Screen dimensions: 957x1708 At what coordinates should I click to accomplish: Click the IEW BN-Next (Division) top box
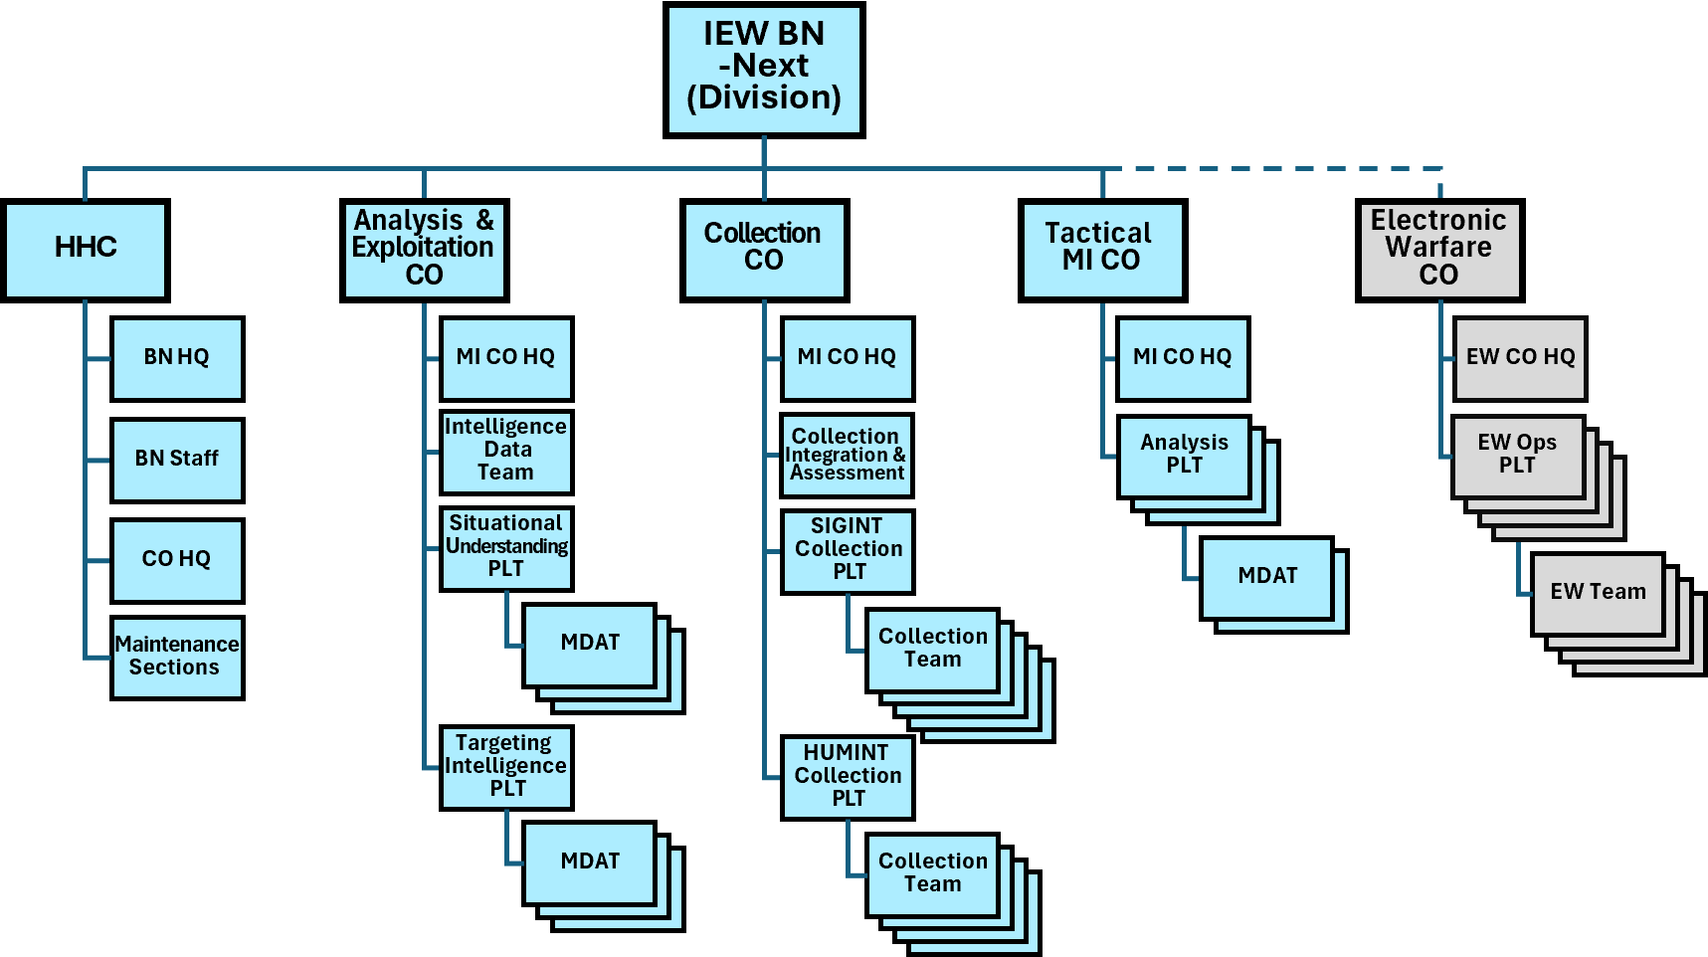point(764,70)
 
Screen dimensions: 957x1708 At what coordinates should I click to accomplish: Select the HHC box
point(86,250)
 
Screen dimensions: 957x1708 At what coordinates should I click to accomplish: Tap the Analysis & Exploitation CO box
point(424,250)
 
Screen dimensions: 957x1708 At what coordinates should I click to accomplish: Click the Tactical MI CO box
point(1102,250)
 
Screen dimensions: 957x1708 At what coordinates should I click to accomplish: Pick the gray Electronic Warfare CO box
point(1439,250)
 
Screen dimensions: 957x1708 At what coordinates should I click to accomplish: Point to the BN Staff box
point(177,460)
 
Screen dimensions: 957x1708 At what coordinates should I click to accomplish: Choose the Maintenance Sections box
point(177,658)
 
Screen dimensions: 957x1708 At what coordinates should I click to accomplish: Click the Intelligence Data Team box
point(506,452)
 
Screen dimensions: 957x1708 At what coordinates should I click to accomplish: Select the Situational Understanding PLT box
point(506,548)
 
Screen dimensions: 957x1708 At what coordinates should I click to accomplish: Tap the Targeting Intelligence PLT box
point(506,767)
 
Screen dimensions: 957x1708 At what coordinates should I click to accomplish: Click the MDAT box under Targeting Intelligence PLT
point(589,862)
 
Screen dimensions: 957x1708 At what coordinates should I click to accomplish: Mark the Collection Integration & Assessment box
point(847,456)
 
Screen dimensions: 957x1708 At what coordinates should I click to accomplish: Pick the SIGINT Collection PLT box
point(848,551)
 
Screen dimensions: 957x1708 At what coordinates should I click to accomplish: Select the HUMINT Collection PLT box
point(848,777)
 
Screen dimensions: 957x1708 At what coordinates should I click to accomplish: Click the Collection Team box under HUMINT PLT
point(932,873)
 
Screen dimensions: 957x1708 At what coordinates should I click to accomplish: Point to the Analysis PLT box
point(1184,456)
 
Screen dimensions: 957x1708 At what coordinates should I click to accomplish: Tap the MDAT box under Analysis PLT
point(1266,577)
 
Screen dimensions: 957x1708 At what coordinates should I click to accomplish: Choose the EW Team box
point(1597,593)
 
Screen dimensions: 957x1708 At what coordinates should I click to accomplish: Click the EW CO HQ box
point(1519,358)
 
